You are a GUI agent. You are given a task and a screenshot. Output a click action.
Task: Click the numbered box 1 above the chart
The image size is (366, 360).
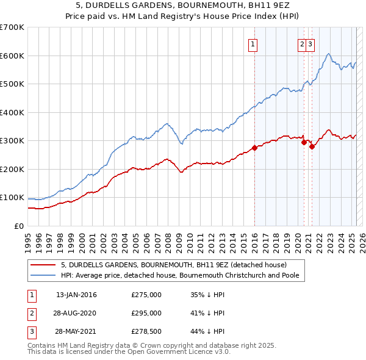(253, 43)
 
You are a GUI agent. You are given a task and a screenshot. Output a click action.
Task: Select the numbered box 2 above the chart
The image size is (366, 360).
(302, 43)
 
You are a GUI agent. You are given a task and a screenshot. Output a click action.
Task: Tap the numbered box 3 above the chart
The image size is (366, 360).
(310, 43)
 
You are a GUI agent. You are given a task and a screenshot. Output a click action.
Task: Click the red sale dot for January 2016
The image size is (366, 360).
(254, 148)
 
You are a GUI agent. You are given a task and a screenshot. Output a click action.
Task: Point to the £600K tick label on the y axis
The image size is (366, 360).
(12, 56)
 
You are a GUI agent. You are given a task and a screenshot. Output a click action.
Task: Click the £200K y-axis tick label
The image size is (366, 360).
(12, 169)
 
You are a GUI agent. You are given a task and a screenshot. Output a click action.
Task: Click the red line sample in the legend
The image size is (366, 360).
(43, 265)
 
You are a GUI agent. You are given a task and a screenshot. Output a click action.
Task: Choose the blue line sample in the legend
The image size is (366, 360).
(43, 275)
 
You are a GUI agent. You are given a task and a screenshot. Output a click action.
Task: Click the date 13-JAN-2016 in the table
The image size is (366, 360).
(76, 295)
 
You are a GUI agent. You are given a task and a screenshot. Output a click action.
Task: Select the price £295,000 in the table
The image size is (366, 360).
(146, 313)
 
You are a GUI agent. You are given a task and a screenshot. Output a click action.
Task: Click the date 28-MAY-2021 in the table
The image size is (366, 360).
(76, 331)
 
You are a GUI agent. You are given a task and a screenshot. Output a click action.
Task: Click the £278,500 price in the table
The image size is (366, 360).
(146, 331)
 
